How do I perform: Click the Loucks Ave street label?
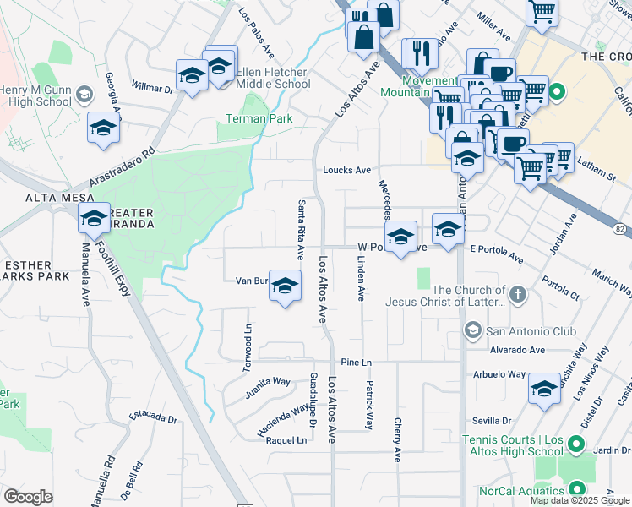[x=346, y=170]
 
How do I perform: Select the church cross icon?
[x=517, y=296]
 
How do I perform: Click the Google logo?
[x=28, y=497]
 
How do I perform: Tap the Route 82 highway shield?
[x=619, y=229]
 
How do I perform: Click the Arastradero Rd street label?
[x=123, y=167]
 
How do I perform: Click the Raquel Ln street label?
[x=286, y=441]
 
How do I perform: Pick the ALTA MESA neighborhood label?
[x=30, y=197]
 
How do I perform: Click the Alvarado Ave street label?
[x=515, y=349]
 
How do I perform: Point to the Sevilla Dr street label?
[x=494, y=420]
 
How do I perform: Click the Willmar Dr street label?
[x=154, y=87]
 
